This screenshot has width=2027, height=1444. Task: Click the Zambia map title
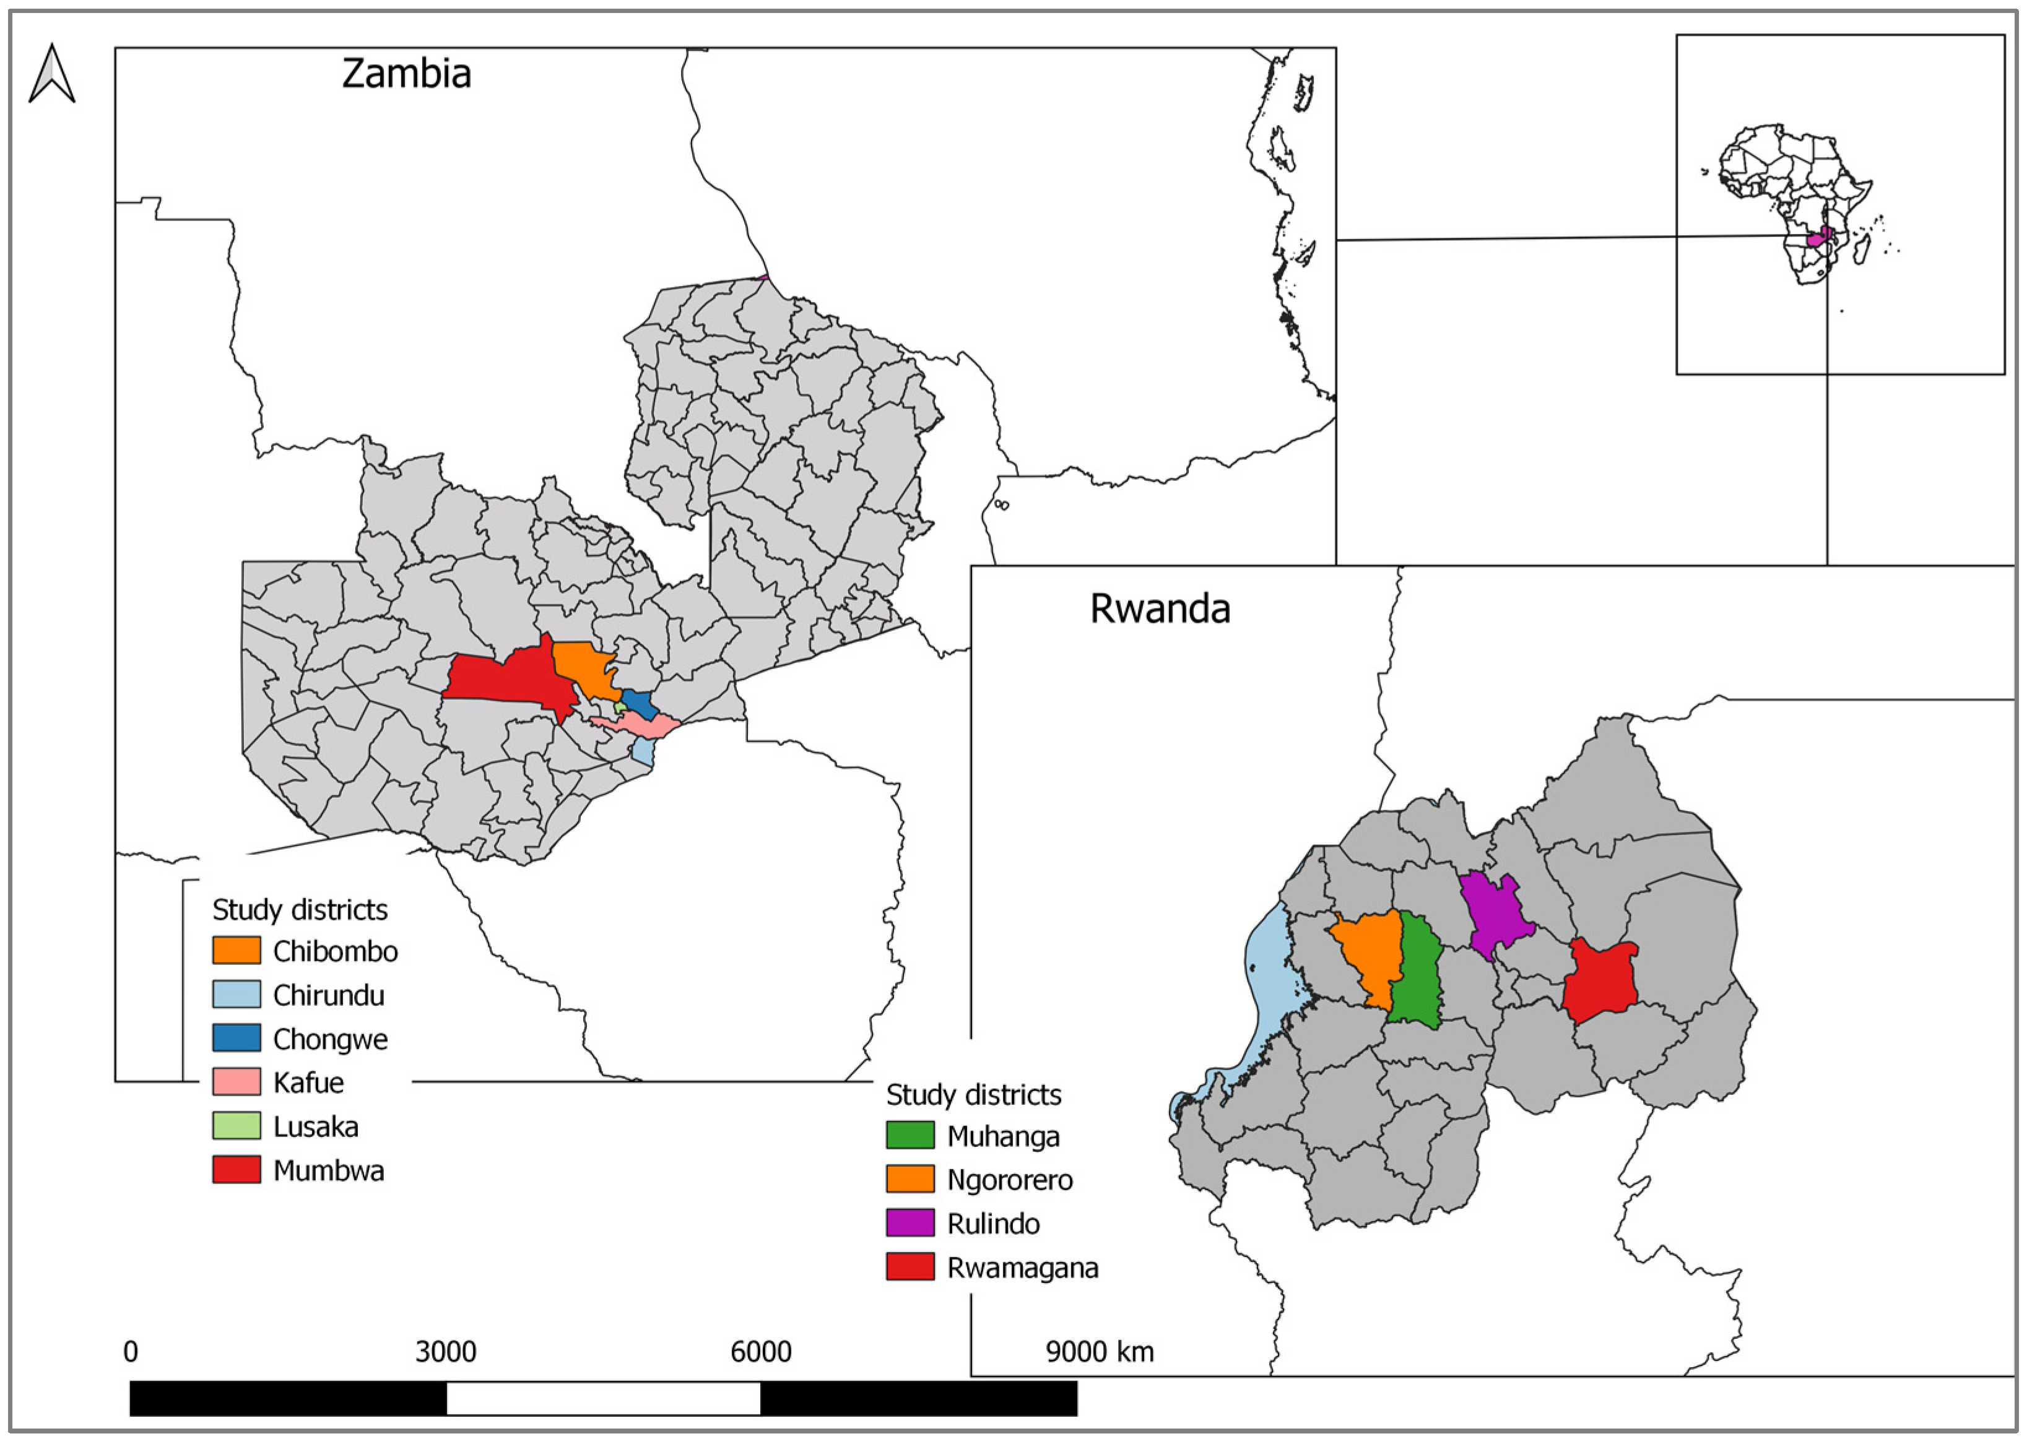click(407, 74)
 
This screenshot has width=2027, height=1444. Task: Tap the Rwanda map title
click(1160, 610)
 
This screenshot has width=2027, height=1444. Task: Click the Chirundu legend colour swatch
click(237, 994)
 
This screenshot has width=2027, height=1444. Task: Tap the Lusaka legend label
click(316, 1126)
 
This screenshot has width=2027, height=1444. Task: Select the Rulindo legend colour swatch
click(910, 1222)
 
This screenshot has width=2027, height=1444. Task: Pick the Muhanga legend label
click(1002, 1136)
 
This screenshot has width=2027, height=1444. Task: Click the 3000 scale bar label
click(446, 1352)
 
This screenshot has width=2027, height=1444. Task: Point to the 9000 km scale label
click(1100, 1352)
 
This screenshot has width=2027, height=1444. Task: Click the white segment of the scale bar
click(603, 1398)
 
